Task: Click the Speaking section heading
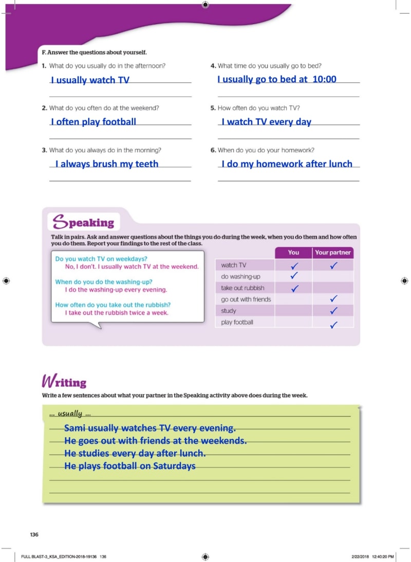[84, 222]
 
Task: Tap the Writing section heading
[64, 382]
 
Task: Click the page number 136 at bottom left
[34, 535]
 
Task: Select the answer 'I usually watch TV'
[90, 80]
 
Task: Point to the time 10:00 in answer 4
[324, 79]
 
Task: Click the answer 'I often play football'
[94, 122]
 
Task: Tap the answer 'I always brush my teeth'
[107, 164]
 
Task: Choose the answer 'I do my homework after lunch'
[287, 164]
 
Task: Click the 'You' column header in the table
[293, 253]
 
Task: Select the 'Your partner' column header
[333, 253]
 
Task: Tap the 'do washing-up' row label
[240, 277]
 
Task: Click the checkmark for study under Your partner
[333, 310]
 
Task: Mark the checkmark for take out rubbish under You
[294, 288]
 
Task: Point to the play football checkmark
[333, 324]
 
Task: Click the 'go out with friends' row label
[246, 299]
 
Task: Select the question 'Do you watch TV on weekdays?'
[101, 259]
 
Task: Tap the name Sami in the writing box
[75, 428]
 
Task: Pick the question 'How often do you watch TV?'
[258, 108]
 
